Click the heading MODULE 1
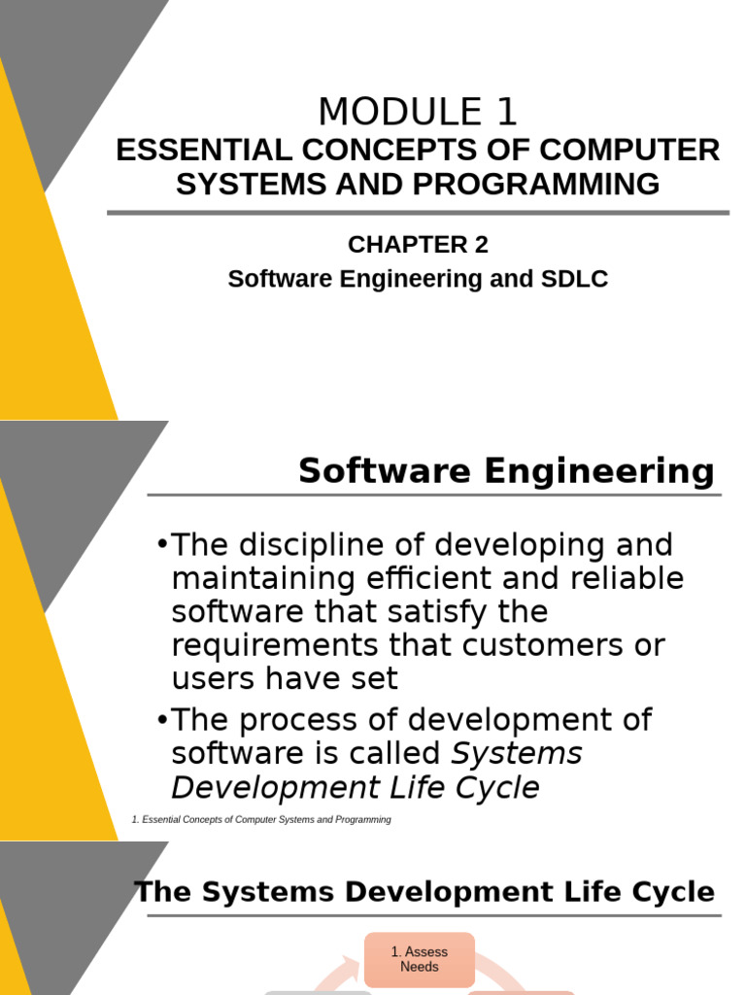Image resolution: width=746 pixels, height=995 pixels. point(418,114)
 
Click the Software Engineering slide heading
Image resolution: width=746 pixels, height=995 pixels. point(506,471)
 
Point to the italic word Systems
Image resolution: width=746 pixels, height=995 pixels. point(518,753)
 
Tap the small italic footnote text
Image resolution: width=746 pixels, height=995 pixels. point(261,820)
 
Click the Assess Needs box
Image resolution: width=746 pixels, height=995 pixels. point(420,960)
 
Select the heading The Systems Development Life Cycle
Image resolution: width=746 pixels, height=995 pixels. point(424,892)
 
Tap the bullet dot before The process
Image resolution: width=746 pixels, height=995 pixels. point(161,719)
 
